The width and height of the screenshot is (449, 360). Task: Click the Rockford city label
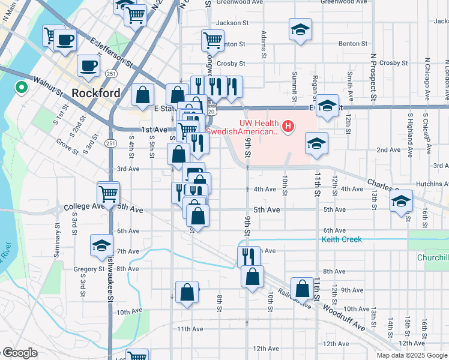(x=95, y=93)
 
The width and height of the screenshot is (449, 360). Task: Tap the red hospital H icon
(x=289, y=126)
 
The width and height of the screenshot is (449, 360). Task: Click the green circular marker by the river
(x=22, y=88)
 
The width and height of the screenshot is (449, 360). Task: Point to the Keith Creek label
(x=342, y=239)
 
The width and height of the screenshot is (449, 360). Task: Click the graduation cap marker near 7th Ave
(x=101, y=245)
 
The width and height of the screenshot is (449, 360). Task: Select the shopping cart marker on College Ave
(x=108, y=193)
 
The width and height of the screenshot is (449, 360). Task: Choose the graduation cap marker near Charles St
(x=402, y=201)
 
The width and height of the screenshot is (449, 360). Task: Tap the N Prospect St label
(x=373, y=77)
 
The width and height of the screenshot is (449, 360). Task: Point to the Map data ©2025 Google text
(x=412, y=355)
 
